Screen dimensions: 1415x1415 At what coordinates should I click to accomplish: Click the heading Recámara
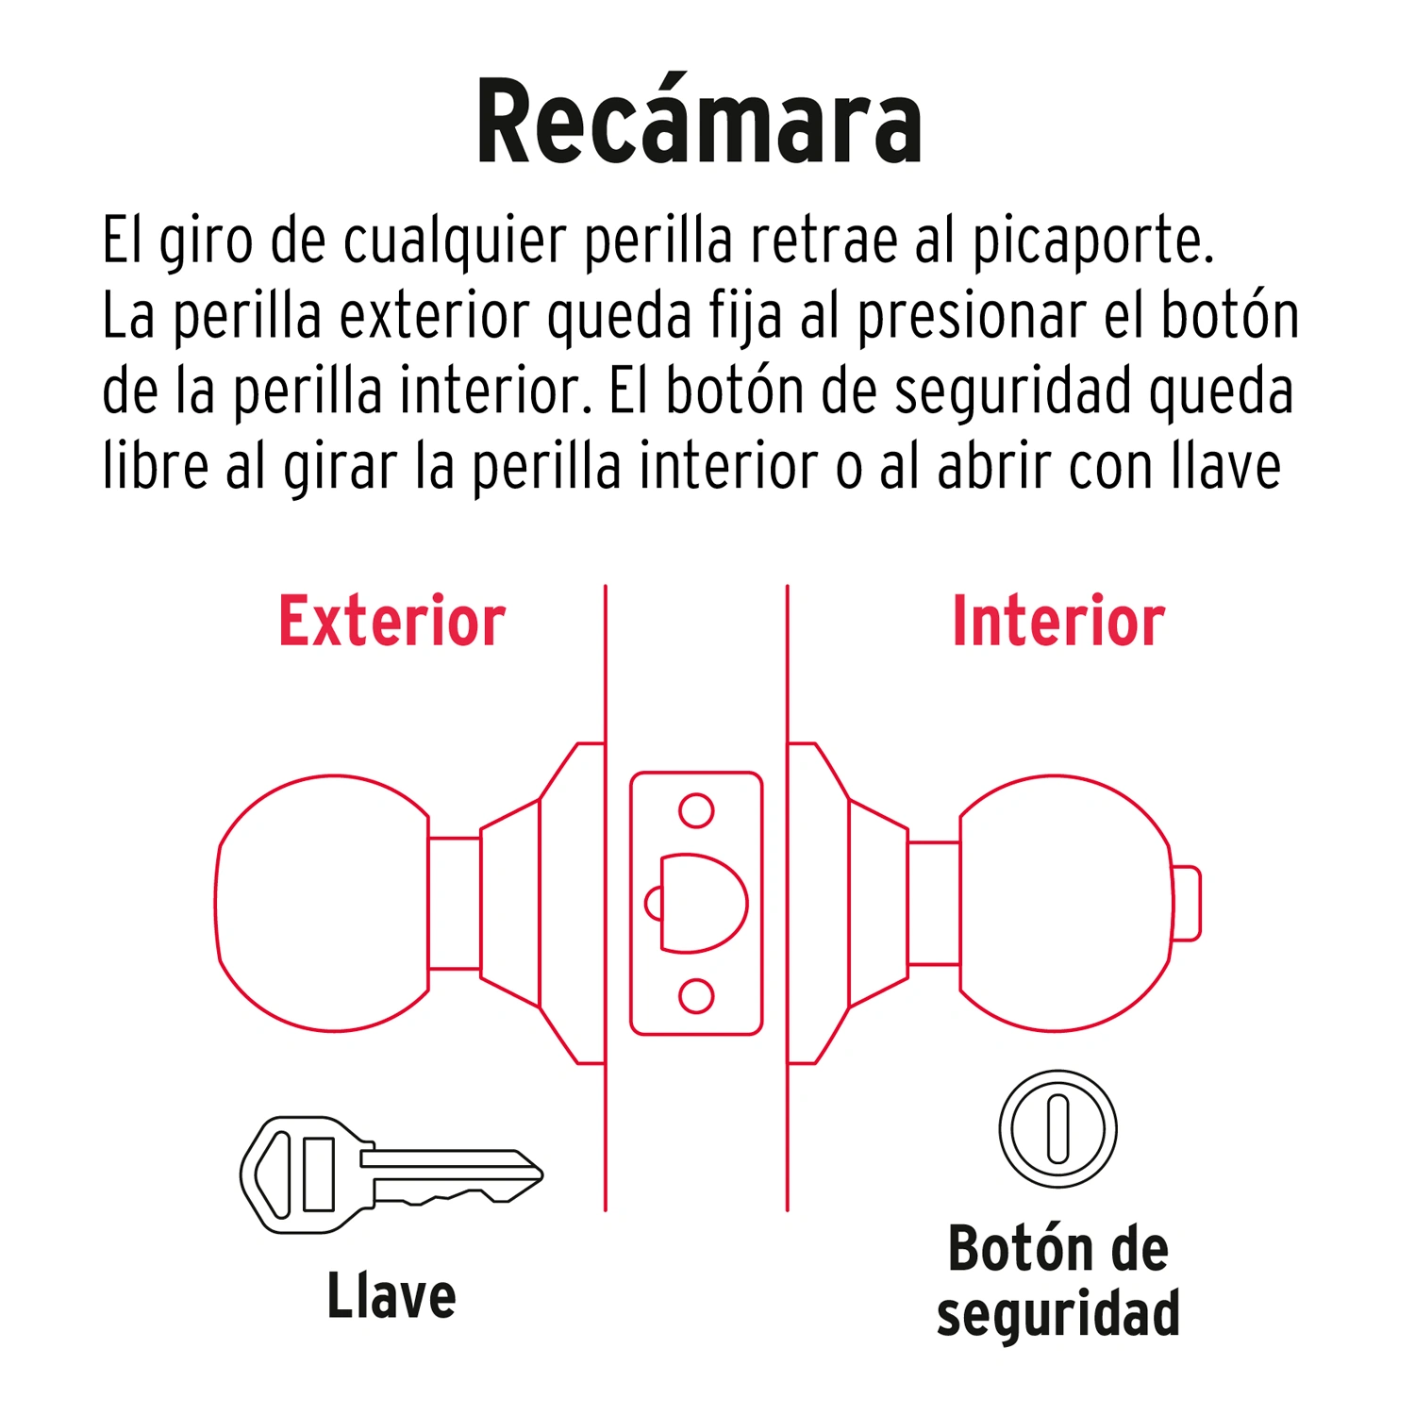tap(699, 123)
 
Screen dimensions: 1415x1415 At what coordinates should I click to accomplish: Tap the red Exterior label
tap(391, 622)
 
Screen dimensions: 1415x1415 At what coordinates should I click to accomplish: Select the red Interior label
tap(1058, 622)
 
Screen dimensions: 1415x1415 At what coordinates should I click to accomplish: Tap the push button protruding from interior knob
tap(1187, 903)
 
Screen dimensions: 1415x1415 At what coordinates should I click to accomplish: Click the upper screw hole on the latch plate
tap(696, 810)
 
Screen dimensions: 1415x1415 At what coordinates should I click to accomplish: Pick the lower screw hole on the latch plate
tap(696, 996)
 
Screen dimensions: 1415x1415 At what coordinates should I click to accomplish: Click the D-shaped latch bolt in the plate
tap(703, 903)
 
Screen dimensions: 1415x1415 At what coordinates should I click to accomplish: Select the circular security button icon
tap(1057, 1128)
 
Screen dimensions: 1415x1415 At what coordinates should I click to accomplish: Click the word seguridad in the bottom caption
tap(1057, 1314)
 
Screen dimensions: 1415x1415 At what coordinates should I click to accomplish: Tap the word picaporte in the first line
tap(1091, 241)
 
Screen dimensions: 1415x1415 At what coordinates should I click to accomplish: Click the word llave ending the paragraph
tap(1225, 466)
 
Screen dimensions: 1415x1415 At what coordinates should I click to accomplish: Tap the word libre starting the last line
tap(156, 466)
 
